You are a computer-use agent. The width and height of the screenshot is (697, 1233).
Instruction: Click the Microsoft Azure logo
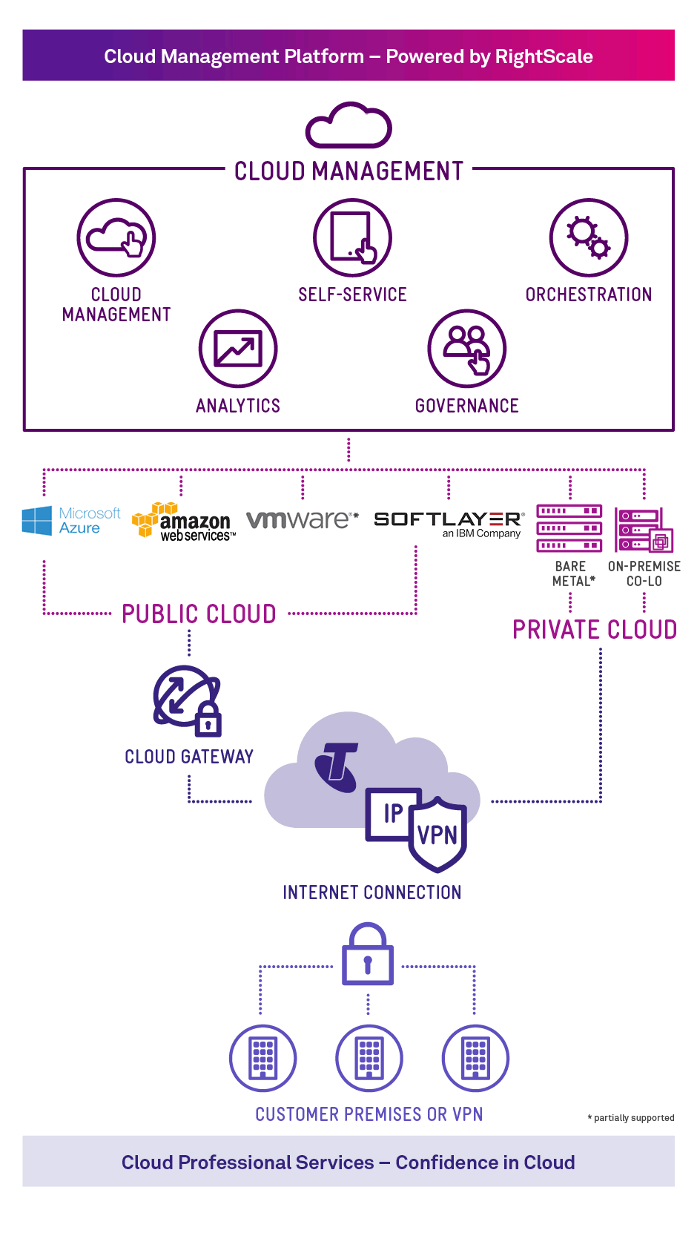pos(71,521)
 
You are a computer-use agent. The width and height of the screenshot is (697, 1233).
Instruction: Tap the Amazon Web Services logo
pos(183,522)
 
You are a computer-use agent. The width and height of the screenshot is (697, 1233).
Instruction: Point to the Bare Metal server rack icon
pos(569,528)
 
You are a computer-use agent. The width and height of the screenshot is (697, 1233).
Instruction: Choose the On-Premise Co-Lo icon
pos(644,530)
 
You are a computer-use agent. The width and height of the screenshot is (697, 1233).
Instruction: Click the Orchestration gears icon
pos(589,237)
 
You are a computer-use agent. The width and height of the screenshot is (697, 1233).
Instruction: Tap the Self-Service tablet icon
pos(352,237)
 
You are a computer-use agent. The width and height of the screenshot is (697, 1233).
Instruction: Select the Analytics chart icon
pos(238,349)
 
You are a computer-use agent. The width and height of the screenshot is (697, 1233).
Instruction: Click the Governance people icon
pos(467,349)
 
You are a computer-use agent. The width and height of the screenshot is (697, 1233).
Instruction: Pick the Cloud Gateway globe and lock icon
pos(188,701)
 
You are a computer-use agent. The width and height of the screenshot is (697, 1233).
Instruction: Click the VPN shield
pos(437,834)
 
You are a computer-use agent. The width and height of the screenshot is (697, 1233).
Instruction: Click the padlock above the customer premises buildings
pos(368,956)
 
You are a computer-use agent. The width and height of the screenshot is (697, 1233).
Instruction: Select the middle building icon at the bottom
pos(369,1058)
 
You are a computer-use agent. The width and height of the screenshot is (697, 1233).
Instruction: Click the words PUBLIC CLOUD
pos(199,614)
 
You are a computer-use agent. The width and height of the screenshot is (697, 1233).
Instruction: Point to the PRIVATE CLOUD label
pos(595,630)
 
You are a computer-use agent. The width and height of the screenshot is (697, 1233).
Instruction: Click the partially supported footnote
pos(632,1118)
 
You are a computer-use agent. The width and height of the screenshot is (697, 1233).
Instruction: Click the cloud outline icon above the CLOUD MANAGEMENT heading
pos(348,126)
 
